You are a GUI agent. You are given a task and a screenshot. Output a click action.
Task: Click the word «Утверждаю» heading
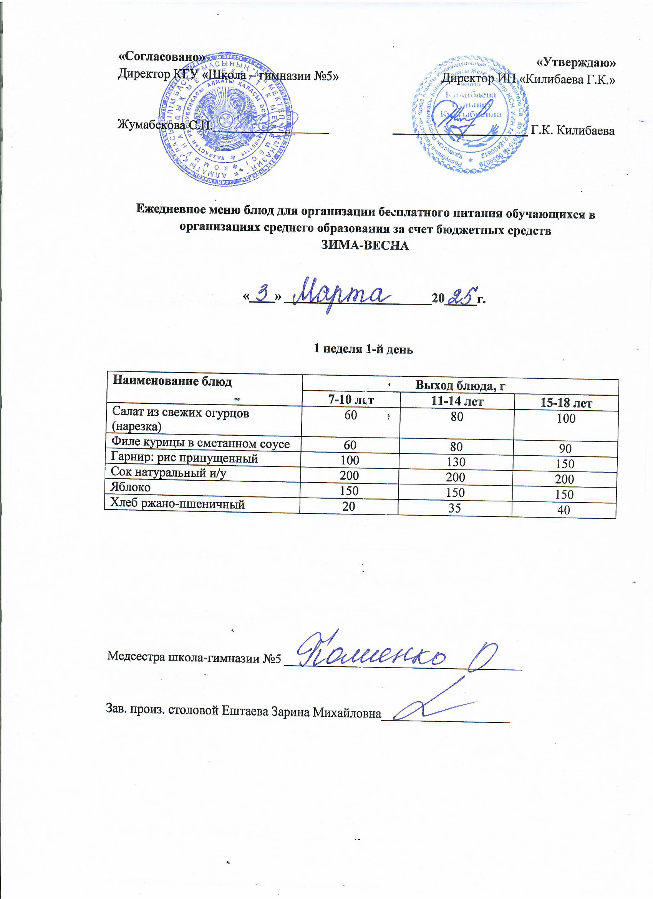click(x=576, y=62)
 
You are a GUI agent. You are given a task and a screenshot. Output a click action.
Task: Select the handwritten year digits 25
click(x=461, y=296)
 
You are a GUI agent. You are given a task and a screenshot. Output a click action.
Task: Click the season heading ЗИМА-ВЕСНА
click(x=364, y=246)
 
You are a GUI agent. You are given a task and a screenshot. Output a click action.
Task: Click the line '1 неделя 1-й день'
click(x=363, y=349)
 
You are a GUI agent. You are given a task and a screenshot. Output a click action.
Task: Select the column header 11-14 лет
click(x=457, y=401)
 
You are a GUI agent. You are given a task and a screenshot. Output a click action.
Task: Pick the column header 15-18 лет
click(x=566, y=403)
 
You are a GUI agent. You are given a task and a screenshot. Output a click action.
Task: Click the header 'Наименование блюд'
click(x=172, y=381)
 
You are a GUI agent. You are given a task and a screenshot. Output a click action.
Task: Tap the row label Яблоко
click(x=131, y=487)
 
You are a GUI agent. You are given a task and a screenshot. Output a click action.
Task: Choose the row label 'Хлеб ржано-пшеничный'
click(x=177, y=504)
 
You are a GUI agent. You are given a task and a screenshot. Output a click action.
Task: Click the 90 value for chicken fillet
click(x=565, y=448)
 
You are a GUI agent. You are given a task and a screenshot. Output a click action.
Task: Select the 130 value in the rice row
click(x=456, y=462)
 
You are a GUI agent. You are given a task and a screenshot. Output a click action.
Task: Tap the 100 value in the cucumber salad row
click(x=566, y=418)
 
